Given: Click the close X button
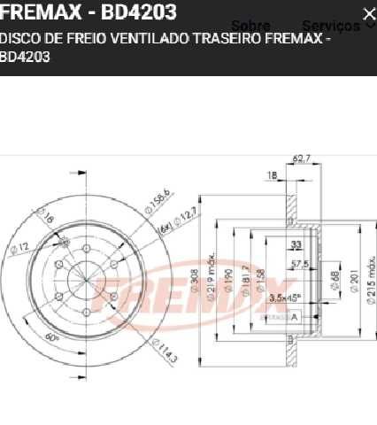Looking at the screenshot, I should pyautogui.click(x=368, y=13).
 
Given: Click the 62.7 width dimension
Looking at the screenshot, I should pyautogui.click(x=302, y=159).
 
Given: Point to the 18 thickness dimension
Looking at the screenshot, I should pyautogui.click(x=272, y=176).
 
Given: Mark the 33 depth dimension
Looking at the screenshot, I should pyautogui.click(x=296, y=244).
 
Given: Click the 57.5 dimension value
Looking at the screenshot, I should pyautogui.click(x=299, y=264).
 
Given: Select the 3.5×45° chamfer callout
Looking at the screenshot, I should pyautogui.click(x=285, y=297).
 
